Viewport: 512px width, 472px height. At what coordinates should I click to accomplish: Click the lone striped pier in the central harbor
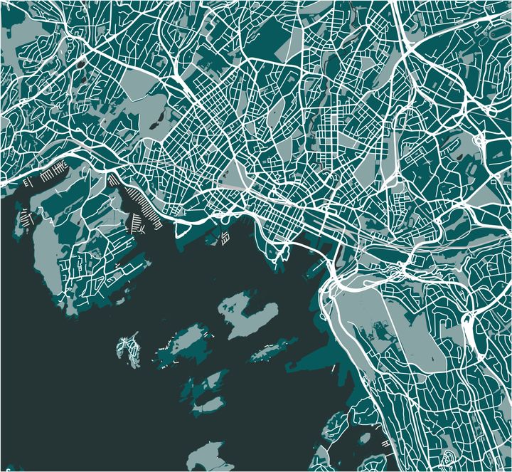tap(224, 238)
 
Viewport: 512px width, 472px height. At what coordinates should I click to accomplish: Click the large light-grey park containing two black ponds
tap(153, 107)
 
